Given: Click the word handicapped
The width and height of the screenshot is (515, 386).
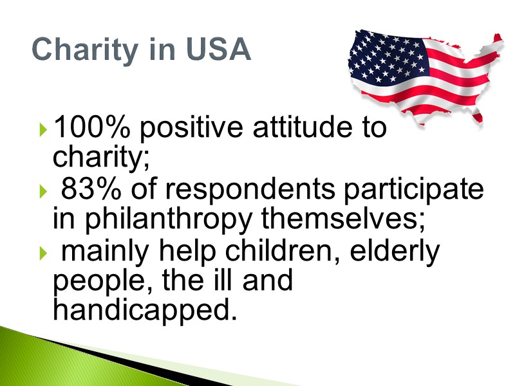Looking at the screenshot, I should pos(141,309).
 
